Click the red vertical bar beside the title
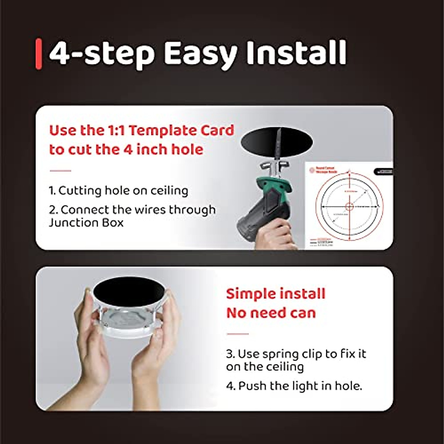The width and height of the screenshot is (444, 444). coord(38,54)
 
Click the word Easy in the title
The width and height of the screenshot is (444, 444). coord(200,54)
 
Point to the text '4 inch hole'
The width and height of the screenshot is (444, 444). coord(162,150)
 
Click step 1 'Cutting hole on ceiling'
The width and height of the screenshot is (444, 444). coord(118,191)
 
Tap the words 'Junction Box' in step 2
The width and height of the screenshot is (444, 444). coord(86,223)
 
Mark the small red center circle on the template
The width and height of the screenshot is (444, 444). coord(349,206)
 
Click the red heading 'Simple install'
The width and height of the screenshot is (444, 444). coord(276,294)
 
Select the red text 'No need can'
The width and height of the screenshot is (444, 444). coord(271,313)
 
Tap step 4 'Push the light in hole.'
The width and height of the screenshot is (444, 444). coord(294,386)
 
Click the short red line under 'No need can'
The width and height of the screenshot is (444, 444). coord(237,334)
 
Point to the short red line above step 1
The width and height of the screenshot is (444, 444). coord(60,171)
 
